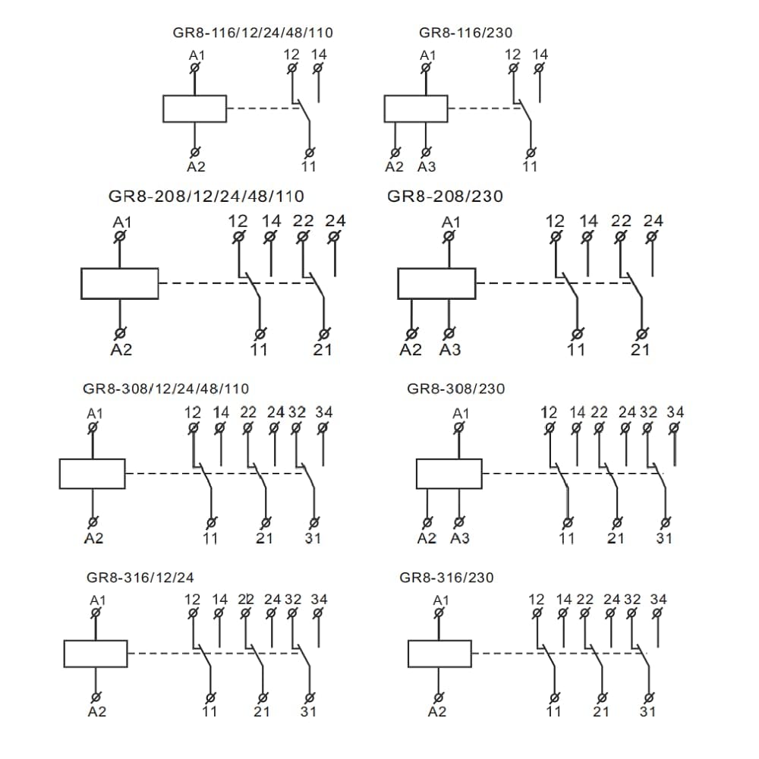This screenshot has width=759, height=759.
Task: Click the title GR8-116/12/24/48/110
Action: pyautogui.click(x=253, y=33)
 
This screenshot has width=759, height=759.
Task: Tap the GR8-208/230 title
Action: pyautogui.click(x=445, y=196)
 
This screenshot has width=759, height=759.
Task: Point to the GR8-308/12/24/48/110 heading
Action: pyautogui.click(x=165, y=389)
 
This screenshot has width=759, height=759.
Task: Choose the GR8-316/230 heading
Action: pyautogui.click(x=446, y=578)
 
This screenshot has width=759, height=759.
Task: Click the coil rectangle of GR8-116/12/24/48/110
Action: pyautogui.click(x=194, y=109)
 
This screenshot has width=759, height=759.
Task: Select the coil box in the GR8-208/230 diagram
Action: pyautogui.click(x=436, y=283)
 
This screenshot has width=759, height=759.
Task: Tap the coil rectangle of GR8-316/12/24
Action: pyautogui.click(x=95, y=653)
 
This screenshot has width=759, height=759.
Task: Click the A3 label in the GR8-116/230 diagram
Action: pyautogui.click(x=427, y=167)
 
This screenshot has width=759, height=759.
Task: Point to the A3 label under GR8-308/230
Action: pyautogui.click(x=460, y=538)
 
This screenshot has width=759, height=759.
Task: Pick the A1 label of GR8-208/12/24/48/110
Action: pyautogui.click(x=121, y=222)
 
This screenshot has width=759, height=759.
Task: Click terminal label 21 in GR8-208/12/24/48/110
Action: pyautogui.click(x=323, y=349)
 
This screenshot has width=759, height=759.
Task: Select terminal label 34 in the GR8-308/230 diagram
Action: pyautogui.click(x=675, y=412)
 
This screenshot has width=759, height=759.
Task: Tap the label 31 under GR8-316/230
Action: pyautogui.click(x=647, y=711)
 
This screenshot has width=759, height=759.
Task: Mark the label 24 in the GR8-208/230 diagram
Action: pyautogui.click(x=653, y=221)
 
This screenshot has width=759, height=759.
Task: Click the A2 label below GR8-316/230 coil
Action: pyautogui.click(x=437, y=711)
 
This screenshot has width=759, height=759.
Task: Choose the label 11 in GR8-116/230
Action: pyautogui.click(x=530, y=167)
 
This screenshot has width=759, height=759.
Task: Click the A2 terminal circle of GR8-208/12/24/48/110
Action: pyautogui.click(x=120, y=333)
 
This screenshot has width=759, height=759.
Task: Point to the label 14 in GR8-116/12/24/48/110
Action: pyautogui.click(x=319, y=55)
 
